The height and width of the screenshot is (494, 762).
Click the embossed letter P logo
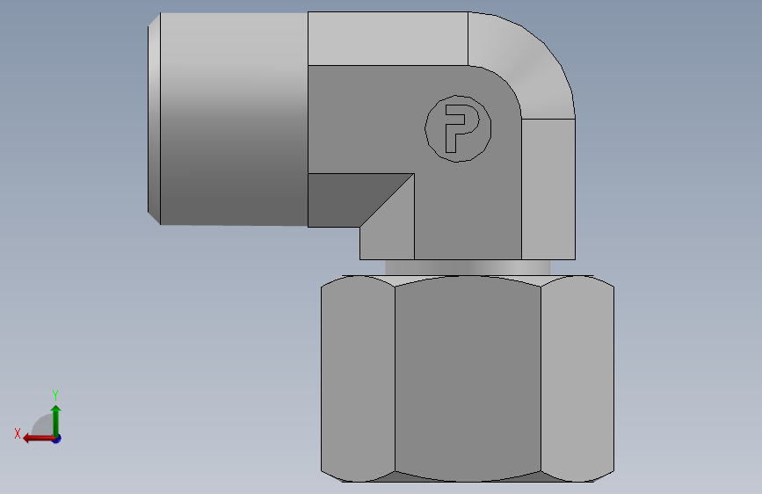coord(458,128)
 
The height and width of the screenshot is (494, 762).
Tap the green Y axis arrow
coord(56,421)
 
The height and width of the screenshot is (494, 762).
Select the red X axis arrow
coord(39,439)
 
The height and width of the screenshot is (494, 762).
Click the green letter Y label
coord(55,395)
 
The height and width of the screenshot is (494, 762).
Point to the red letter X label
coord(18,433)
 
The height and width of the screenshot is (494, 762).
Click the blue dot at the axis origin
coord(56,439)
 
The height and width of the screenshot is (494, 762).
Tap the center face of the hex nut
coord(468,378)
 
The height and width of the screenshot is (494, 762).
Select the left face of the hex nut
coord(359,378)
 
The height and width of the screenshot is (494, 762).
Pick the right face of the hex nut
coord(577,378)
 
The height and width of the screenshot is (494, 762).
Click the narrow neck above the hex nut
coord(468,267)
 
